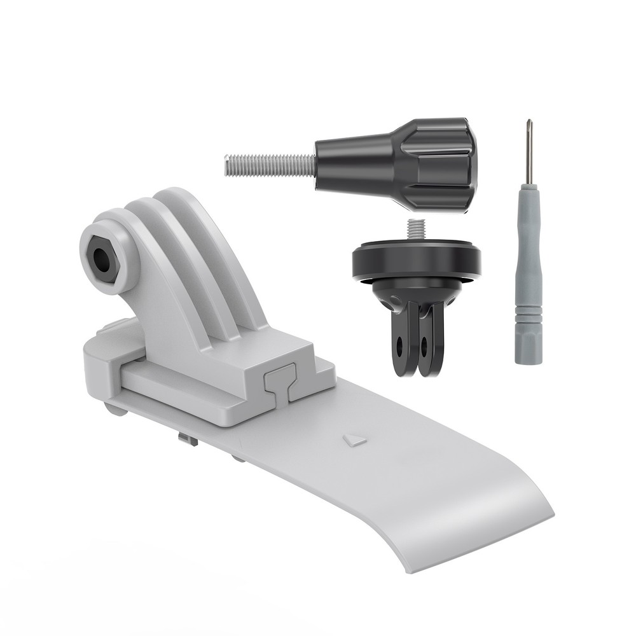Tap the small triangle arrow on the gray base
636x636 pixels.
[x=354, y=439]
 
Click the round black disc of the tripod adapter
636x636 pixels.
[x=416, y=262]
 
